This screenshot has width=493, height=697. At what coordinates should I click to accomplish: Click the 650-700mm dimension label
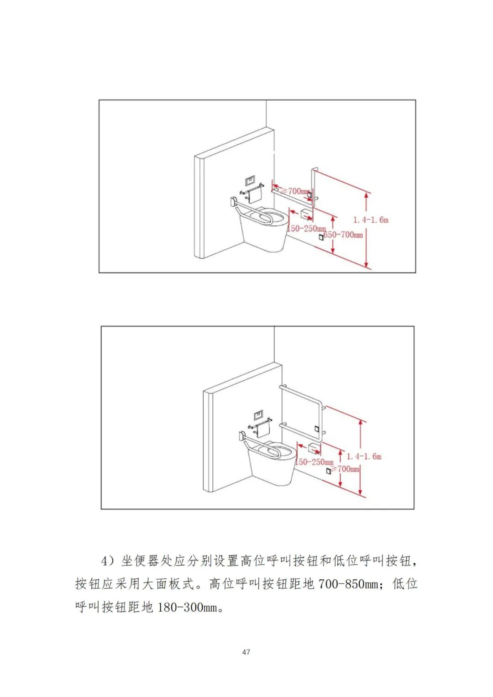(343, 235)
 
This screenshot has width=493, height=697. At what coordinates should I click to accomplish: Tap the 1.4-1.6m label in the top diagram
(371, 220)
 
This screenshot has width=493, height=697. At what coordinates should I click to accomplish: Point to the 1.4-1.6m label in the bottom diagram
(364, 456)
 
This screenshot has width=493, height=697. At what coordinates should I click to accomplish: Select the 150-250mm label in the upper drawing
(306, 229)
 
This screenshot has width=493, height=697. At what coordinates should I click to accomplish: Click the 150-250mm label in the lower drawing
(315, 462)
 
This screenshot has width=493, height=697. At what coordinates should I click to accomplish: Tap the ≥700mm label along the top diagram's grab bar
(296, 191)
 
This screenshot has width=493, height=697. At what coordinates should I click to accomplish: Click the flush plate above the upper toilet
(250, 181)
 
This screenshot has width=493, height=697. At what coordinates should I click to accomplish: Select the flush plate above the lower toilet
(259, 415)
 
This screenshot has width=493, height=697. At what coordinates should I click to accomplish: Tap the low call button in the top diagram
(321, 237)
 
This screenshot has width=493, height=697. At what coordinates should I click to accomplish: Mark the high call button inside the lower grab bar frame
(316, 429)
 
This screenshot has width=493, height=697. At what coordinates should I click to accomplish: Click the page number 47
(246, 652)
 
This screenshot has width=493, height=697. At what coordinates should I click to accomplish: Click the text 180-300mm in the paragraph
(187, 608)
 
